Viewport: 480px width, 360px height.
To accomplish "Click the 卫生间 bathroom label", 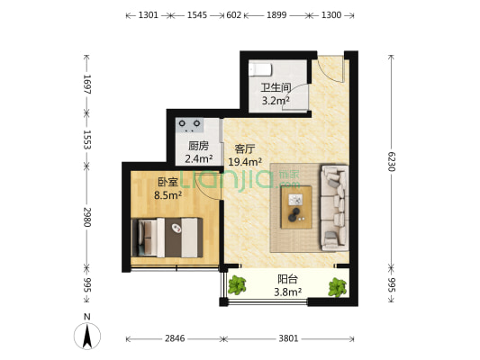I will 276,88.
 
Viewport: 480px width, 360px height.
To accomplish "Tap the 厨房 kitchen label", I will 199,146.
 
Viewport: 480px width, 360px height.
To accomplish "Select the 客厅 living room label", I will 246,148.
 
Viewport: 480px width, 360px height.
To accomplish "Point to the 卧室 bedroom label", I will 168,180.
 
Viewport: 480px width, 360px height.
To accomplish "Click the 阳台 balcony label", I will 287,279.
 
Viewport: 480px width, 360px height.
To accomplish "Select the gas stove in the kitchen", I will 191,124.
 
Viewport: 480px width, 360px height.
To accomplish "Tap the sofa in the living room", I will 332,206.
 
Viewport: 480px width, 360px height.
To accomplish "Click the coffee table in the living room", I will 296,207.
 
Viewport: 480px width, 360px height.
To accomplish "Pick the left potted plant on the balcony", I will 237,285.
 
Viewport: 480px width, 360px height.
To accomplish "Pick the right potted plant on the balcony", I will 338,287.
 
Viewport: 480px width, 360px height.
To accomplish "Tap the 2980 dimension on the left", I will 86,218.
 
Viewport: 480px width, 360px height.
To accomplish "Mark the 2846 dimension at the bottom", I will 175,339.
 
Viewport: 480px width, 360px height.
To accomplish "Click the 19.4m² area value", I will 246,162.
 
